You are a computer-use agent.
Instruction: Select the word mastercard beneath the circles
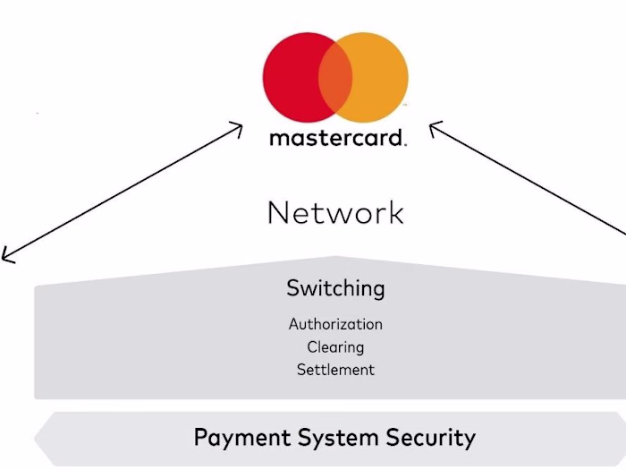(x=336, y=139)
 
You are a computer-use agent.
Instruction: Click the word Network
(x=335, y=213)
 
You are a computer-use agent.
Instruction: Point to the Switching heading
(x=335, y=288)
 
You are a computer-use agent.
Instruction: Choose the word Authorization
(x=335, y=324)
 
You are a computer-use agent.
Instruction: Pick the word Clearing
(x=335, y=346)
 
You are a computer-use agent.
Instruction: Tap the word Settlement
(x=335, y=369)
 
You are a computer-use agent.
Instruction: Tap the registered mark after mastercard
(x=405, y=144)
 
